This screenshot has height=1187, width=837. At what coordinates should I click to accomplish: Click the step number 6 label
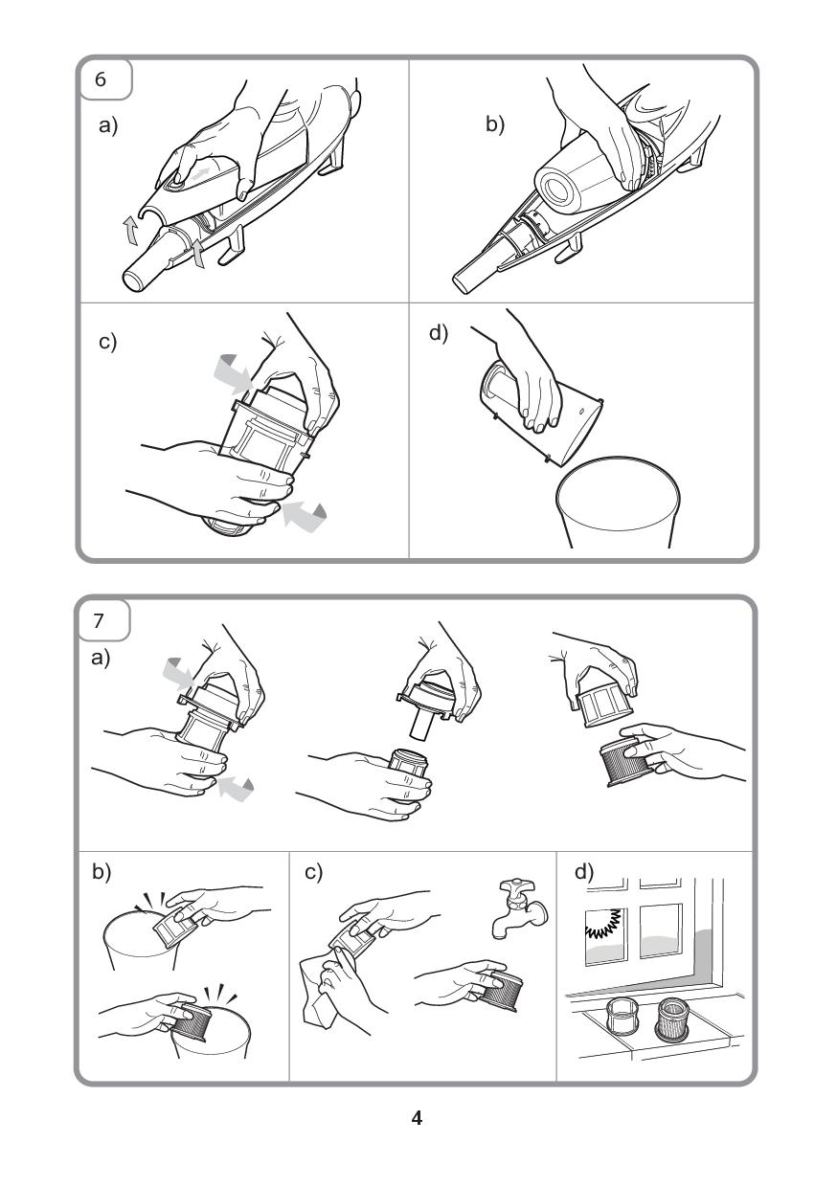pos(101,79)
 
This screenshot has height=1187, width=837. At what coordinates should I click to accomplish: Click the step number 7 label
pos(98,620)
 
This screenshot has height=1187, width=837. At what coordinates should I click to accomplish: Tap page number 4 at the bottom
pos(417,1117)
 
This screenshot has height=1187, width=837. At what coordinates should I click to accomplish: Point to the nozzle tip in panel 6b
pos(465,278)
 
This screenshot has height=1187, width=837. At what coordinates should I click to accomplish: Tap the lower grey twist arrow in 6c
pos(304,515)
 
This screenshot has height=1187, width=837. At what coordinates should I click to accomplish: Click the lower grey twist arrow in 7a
pos(236,786)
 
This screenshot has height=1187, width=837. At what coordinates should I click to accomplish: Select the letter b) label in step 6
pos(495,124)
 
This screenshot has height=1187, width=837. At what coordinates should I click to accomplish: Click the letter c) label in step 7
pos(314,872)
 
